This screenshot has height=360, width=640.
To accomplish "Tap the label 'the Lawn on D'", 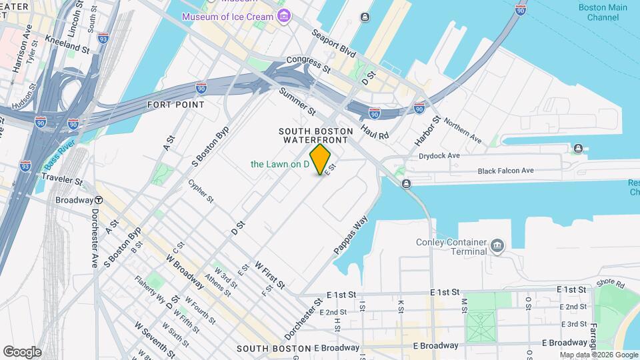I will click(x=279, y=164).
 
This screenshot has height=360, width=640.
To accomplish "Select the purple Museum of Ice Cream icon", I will click(x=285, y=16).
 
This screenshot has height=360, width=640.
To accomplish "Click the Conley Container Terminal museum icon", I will click(x=497, y=246).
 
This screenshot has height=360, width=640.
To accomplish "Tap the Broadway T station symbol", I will click(x=98, y=200).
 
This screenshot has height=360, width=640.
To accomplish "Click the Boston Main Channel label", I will click(x=603, y=12).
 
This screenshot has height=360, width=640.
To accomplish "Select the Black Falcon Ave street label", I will click(x=505, y=171).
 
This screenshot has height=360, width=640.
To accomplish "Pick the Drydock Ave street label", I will click(x=439, y=155).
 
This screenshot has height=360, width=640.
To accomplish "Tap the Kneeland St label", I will click(x=67, y=49).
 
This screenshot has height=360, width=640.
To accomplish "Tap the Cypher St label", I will click(x=200, y=190).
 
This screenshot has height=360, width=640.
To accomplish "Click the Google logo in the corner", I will click(x=22, y=351).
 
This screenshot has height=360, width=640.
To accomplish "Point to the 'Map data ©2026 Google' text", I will click(x=598, y=355).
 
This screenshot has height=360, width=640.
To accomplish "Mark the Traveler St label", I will click(x=61, y=180).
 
